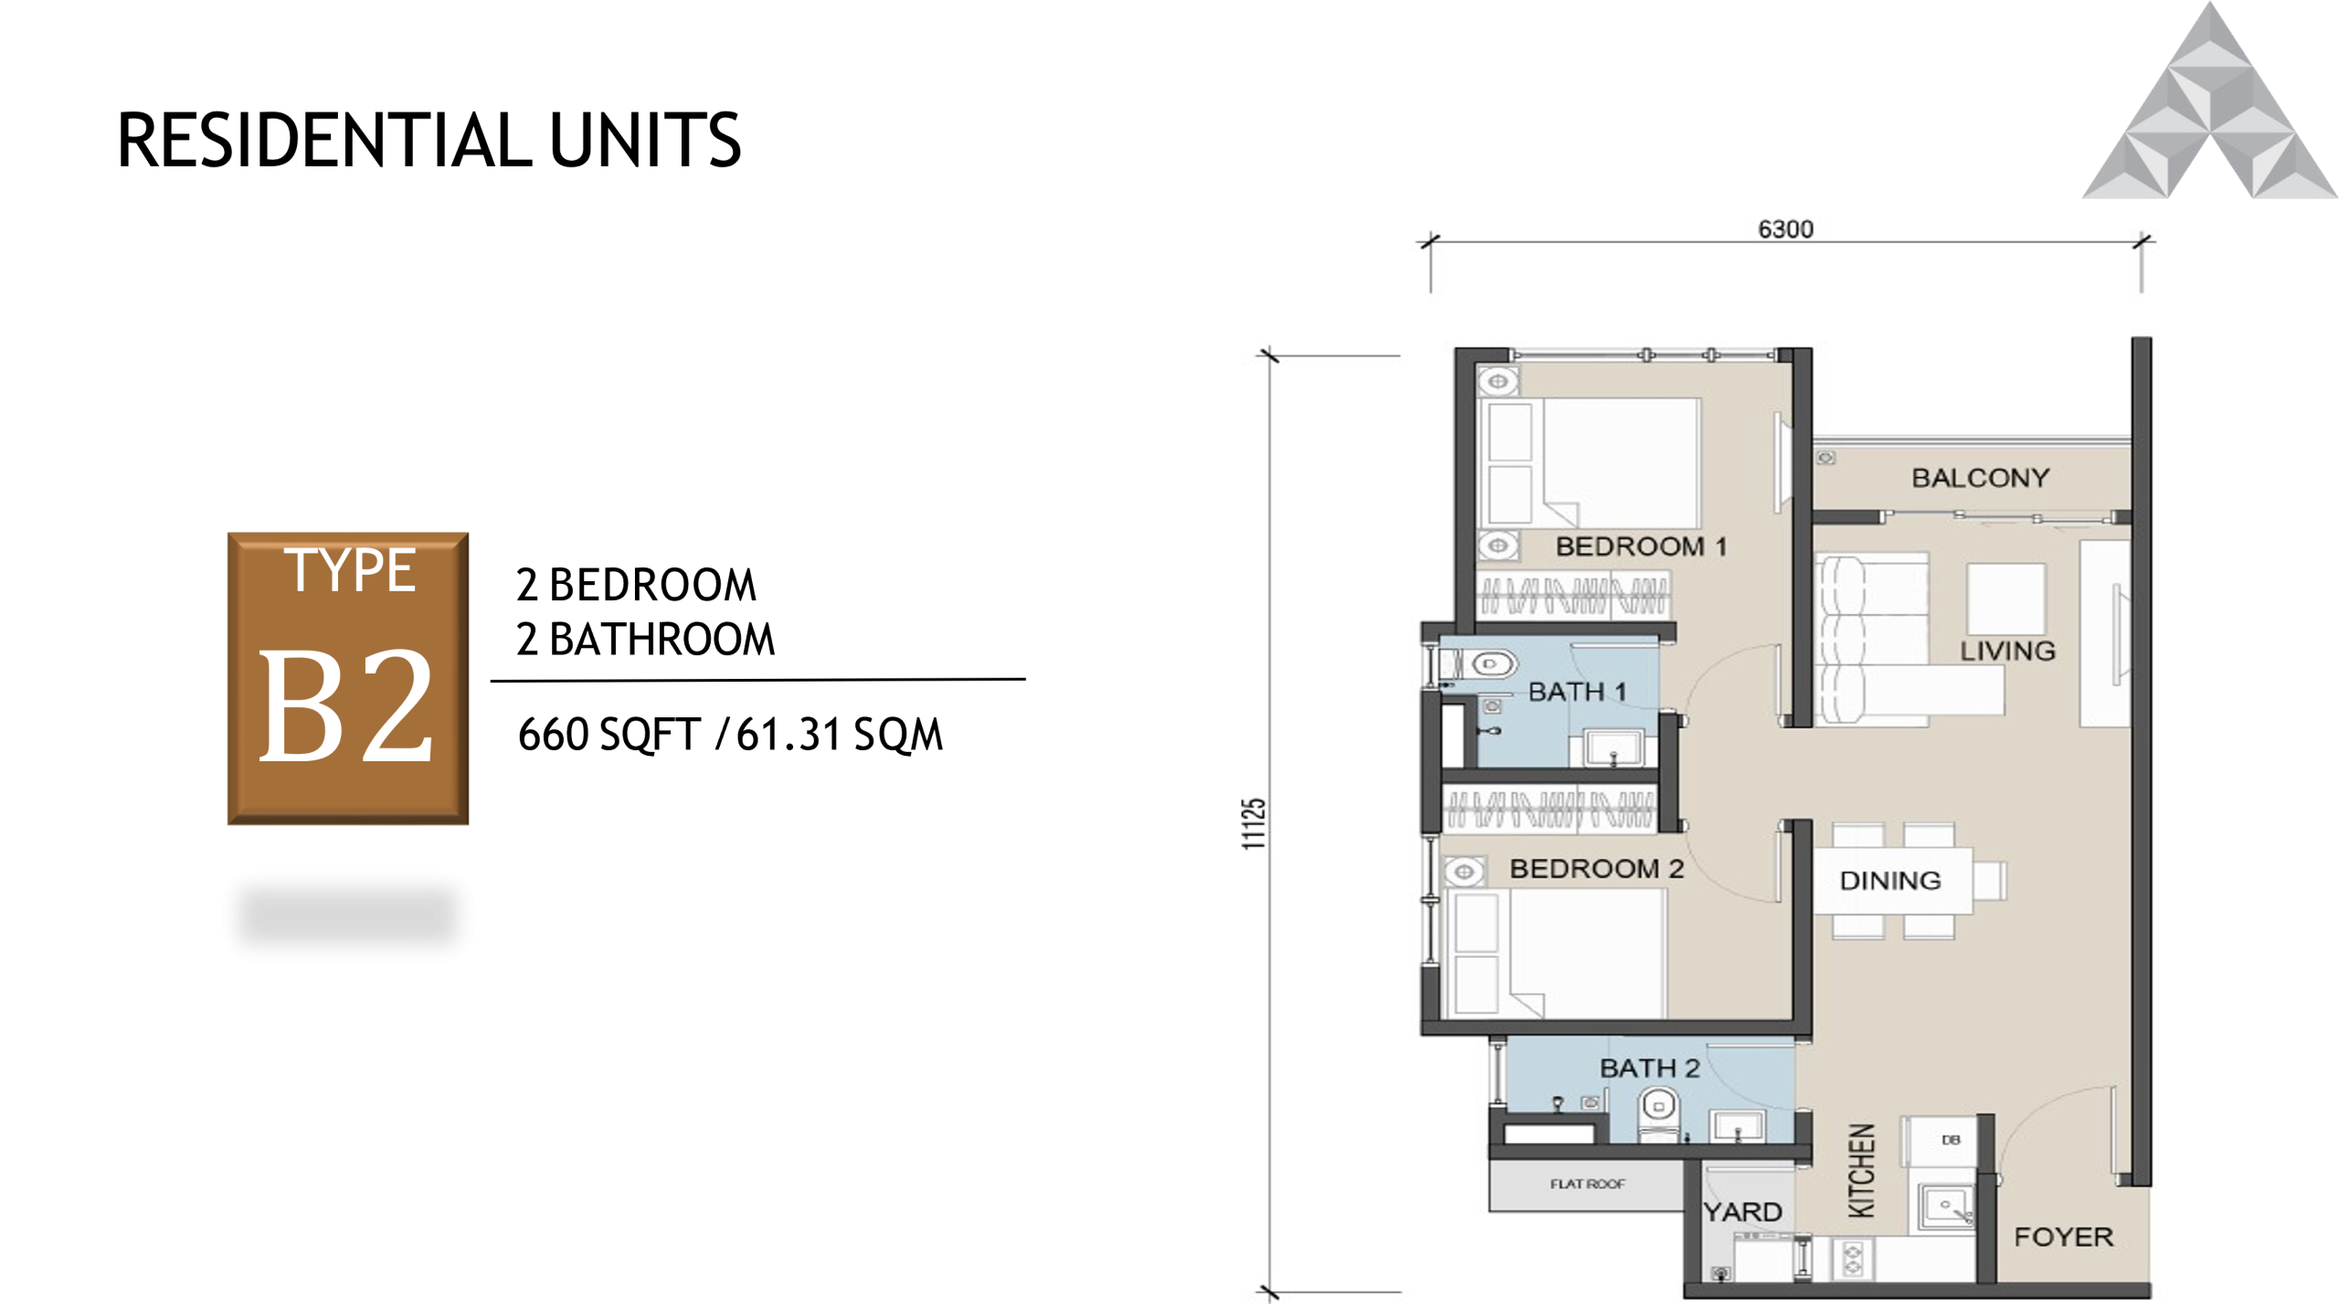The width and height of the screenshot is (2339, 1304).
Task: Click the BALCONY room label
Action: [x=1980, y=478]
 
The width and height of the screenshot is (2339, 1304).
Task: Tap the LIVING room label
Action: [x=2007, y=651]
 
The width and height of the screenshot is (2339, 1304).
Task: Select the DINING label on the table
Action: [x=1889, y=881]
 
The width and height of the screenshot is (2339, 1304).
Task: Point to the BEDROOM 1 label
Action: [x=1641, y=546]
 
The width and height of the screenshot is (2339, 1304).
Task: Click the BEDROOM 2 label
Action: [x=1596, y=868]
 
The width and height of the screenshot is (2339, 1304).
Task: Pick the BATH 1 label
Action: [x=1577, y=692]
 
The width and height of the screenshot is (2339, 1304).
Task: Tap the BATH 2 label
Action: [x=1649, y=1067]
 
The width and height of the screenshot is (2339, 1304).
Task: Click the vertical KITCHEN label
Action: [x=1862, y=1171]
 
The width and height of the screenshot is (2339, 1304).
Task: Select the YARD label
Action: [x=1742, y=1212]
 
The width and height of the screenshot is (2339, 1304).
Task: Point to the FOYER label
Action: [x=2064, y=1236]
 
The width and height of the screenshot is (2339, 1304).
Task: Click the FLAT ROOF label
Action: [x=1587, y=1184]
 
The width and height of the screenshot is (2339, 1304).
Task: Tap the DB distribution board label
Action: [x=1951, y=1140]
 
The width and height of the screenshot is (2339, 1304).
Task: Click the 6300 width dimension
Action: [x=1785, y=228]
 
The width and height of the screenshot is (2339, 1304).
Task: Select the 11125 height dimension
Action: [x=1254, y=823]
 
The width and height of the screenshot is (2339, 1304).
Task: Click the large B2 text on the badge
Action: [x=346, y=705]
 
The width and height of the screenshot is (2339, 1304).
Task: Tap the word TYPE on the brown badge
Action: [x=350, y=571]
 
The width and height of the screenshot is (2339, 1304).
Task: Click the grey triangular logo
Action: [x=2209, y=110]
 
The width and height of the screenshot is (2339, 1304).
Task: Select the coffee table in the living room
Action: [x=2006, y=598]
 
